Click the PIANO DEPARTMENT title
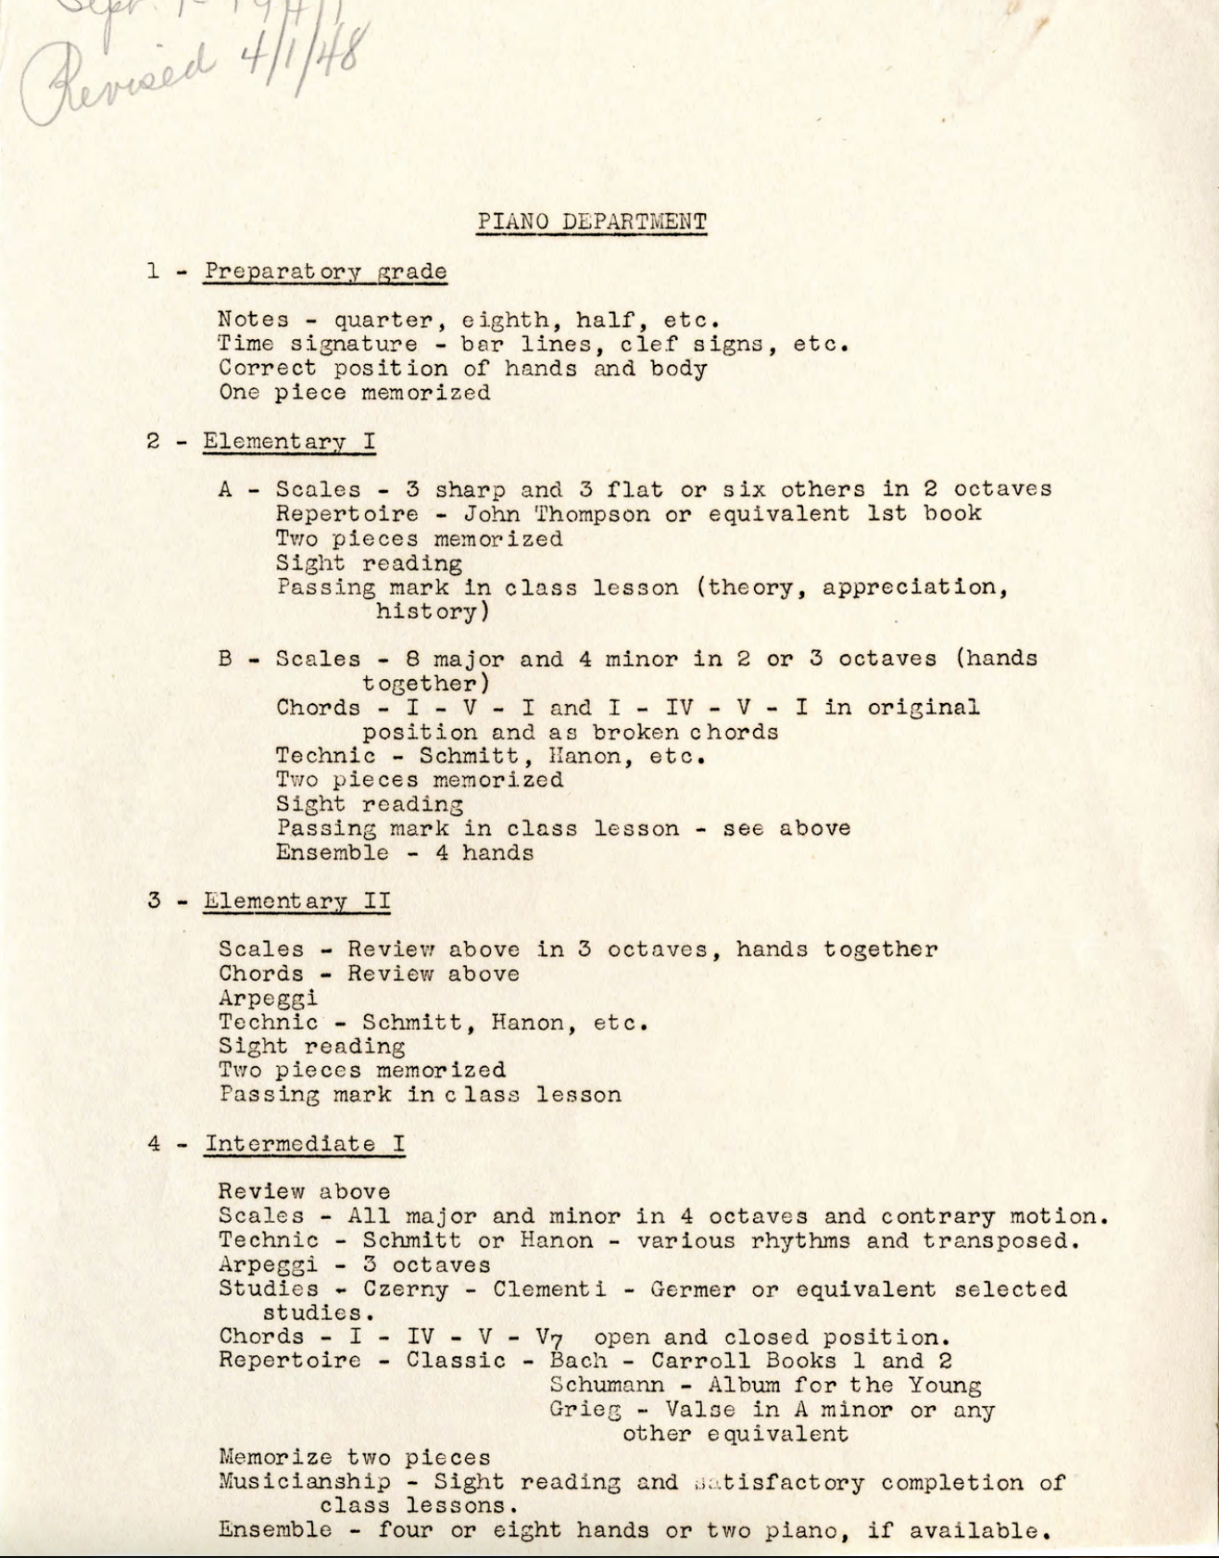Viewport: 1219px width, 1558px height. coord(592,222)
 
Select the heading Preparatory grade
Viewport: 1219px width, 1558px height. coord(325,272)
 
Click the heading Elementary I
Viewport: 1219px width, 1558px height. coord(289,441)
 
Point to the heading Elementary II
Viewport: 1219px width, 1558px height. coord(296,900)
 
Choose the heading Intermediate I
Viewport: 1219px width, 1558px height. coord(305,1143)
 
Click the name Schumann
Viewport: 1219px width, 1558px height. coord(607,1386)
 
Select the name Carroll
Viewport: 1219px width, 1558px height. coord(701,1362)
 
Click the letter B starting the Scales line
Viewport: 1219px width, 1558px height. coord(225,660)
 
